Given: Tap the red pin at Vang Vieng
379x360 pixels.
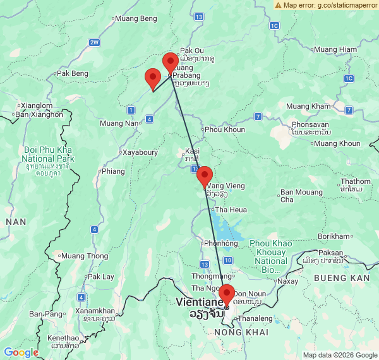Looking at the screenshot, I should pos(205,176).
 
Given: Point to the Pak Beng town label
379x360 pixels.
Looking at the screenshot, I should pos(73,73).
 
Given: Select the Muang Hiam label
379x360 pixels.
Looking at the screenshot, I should pos(335,49).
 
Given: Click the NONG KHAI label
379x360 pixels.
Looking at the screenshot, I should pos(242,332).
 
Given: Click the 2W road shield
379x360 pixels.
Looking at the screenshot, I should pos(95,42).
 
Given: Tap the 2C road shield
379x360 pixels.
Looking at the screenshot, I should pos(349,78).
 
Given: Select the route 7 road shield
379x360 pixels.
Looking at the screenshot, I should pos(258,116).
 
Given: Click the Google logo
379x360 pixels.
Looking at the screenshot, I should pos(21,352).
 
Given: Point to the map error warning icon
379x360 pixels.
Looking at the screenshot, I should pos(279,4).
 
